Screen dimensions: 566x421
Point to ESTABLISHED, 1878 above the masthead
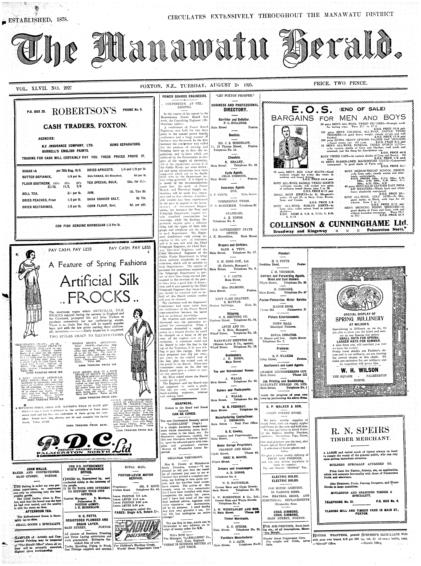pyautogui.click(x=38, y=20)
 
